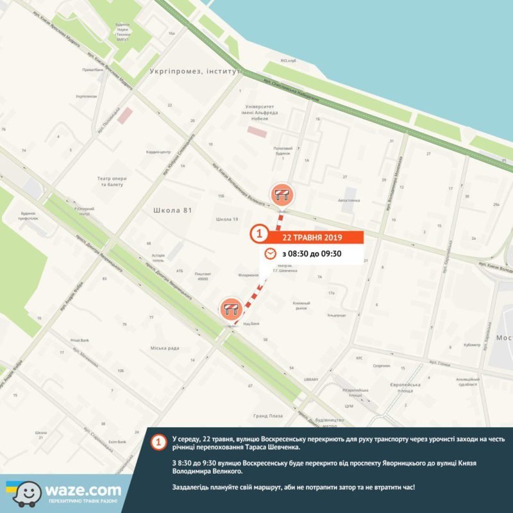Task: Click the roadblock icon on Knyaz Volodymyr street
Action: [282, 193]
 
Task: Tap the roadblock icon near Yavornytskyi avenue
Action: [231, 309]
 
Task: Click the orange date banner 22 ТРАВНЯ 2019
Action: [313, 237]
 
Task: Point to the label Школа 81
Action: [173, 210]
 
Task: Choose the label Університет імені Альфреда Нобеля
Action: [264, 113]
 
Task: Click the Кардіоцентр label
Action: [158, 152]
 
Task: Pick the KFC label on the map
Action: [360, 358]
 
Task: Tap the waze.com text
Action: [82, 489]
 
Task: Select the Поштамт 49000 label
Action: [203, 276]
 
